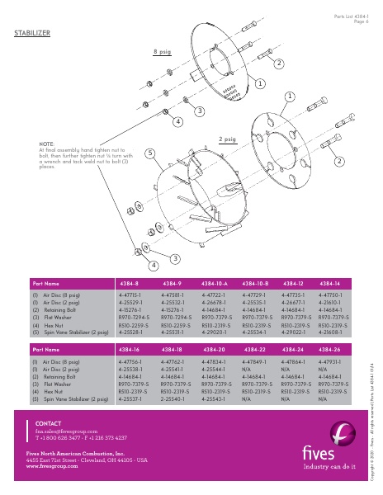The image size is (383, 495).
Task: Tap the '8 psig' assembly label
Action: pyautogui.click(x=162, y=52)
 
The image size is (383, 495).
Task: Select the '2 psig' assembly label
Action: pyautogui.click(x=227, y=140)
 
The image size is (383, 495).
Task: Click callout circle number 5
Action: pyautogui.click(x=149, y=153)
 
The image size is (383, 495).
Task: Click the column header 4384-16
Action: pyautogui.click(x=132, y=350)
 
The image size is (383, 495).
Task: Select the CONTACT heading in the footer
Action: pyautogui.click(x=48, y=422)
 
